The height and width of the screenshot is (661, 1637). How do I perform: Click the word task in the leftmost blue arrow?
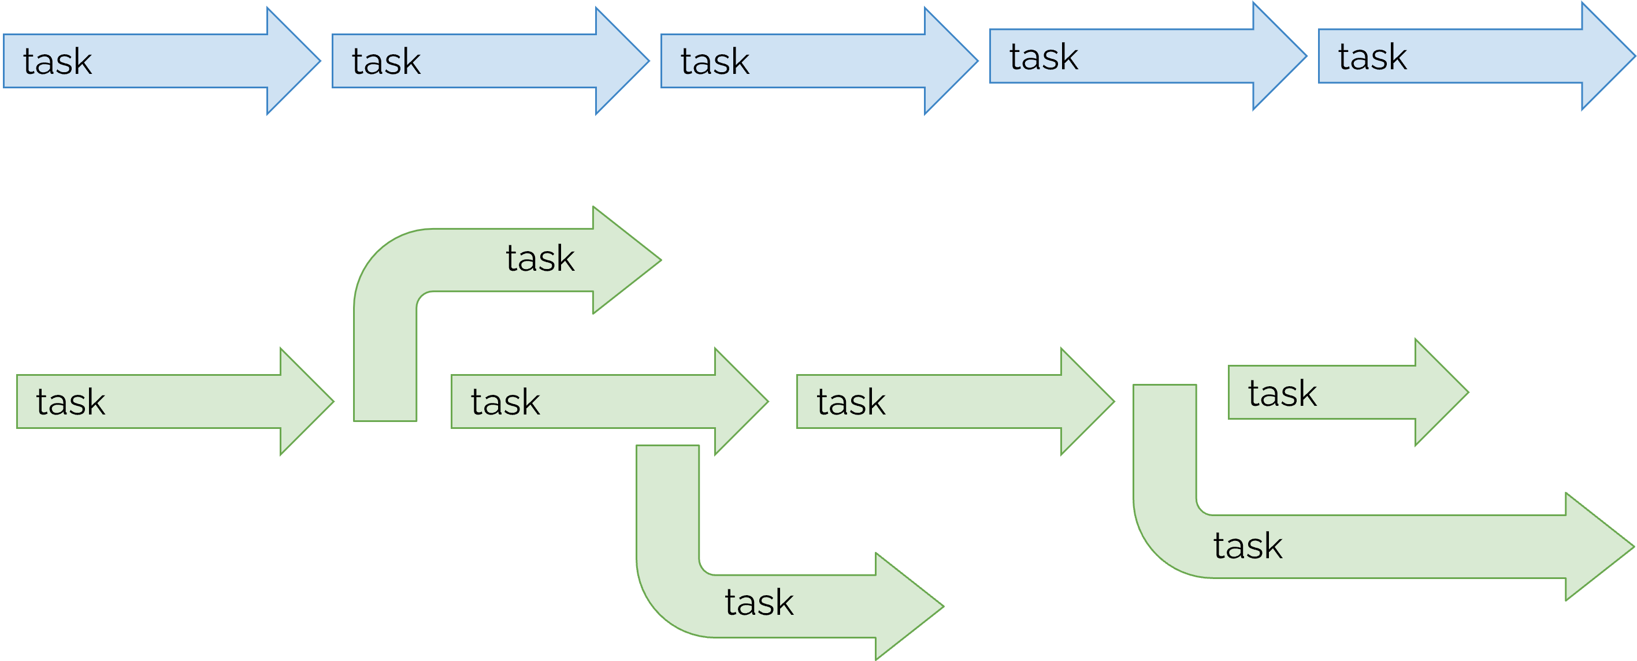(x=57, y=62)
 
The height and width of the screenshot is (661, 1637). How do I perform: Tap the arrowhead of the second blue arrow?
(x=619, y=61)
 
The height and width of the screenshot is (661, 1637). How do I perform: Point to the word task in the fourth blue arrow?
(x=1044, y=57)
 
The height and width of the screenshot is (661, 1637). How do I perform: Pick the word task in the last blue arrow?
(x=1372, y=57)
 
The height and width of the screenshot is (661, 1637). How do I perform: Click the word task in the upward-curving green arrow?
(x=540, y=259)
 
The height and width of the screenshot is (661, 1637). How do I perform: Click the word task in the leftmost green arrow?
(x=70, y=402)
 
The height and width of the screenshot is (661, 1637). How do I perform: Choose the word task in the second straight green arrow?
(x=505, y=402)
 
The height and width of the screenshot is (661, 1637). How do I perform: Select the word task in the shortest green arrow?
(x=1282, y=393)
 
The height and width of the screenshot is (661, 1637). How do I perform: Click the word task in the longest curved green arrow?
(x=1248, y=546)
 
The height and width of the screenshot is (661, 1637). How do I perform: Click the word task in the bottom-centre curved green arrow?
(x=759, y=603)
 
